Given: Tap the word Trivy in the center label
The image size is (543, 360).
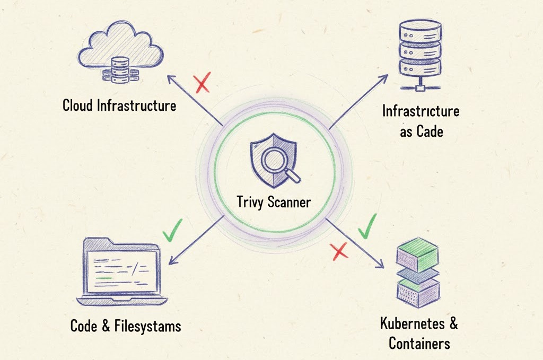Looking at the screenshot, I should pyautogui.click(x=251, y=202).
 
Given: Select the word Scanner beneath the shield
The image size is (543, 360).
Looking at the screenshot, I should pyautogui.click(x=290, y=202).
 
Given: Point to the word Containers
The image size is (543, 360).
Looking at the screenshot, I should pyautogui.click(x=419, y=343).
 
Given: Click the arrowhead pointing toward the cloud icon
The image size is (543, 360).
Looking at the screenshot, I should pyautogui.click(x=170, y=78).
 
